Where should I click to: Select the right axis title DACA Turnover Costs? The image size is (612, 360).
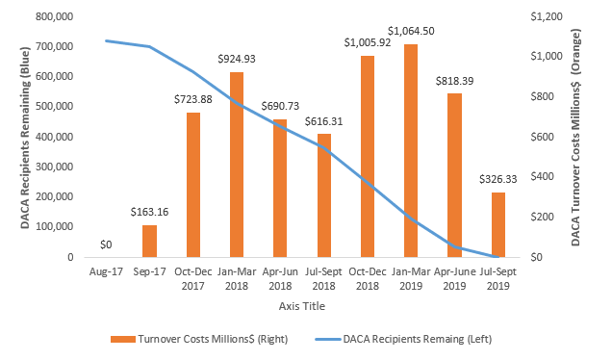(x=577, y=135)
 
